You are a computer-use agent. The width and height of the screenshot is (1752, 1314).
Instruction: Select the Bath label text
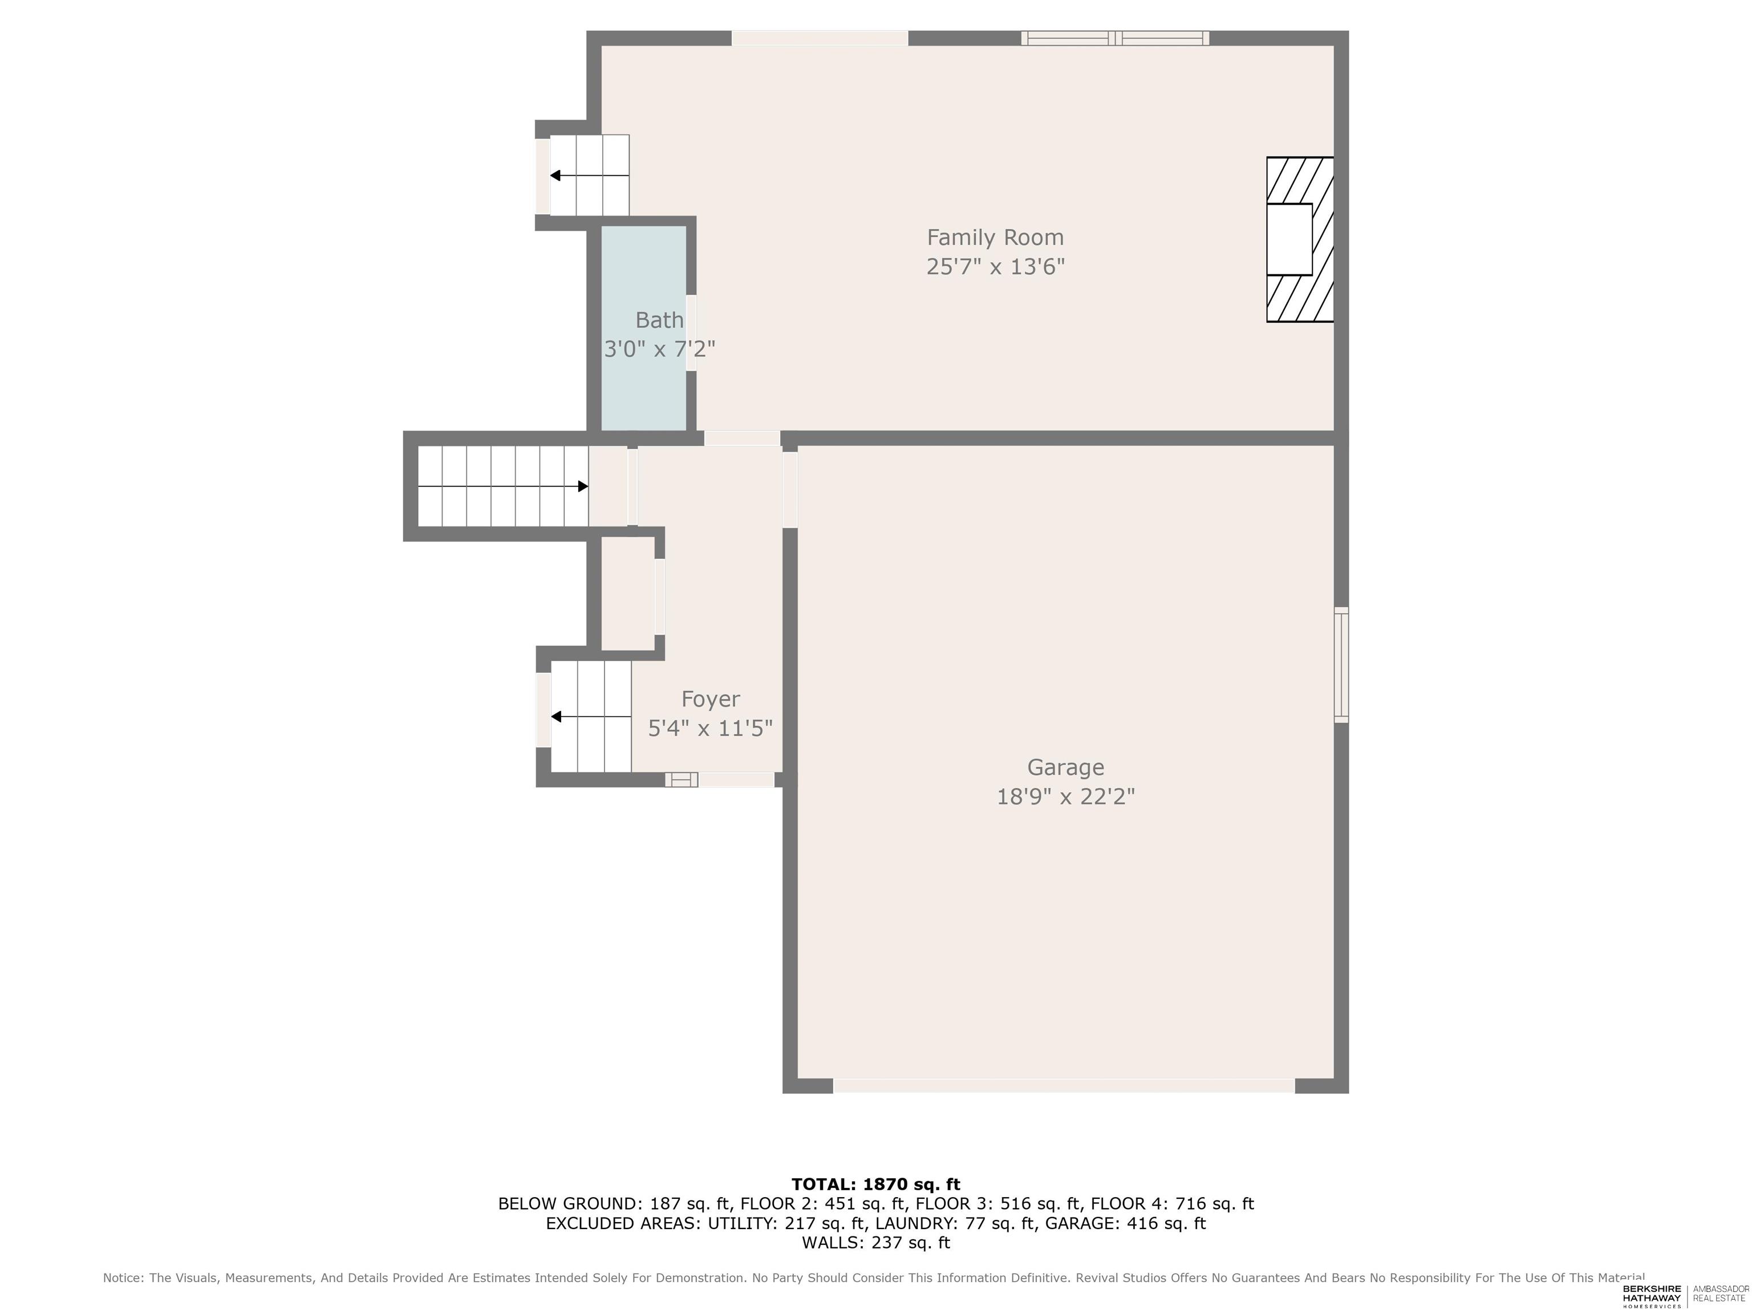659,320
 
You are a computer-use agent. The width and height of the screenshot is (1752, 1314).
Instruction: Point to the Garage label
1065,768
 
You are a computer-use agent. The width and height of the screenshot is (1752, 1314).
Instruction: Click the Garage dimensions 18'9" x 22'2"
1065,797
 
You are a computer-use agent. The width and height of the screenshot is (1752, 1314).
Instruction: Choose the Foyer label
711,699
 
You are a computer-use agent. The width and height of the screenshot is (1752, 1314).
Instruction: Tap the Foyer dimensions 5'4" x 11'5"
711,728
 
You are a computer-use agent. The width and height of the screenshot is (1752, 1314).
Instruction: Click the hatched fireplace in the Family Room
1300,239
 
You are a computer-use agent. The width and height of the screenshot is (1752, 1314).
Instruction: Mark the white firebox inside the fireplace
1289,239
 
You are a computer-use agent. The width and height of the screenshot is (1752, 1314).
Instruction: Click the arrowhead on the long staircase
583,486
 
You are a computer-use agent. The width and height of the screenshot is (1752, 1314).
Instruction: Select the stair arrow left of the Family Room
590,176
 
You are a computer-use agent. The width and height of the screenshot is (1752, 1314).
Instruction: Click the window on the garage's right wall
1341,664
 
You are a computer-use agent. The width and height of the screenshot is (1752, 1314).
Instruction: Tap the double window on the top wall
1114,38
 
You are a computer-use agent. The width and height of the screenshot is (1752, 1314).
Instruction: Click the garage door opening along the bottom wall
1064,1086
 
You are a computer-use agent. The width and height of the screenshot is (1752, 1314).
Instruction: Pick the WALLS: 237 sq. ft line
876,1243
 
